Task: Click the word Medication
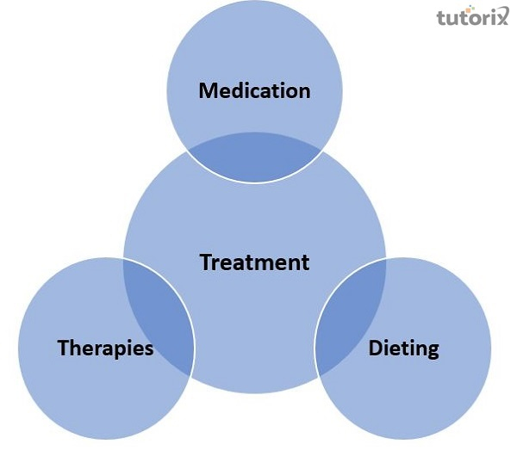[x=254, y=90]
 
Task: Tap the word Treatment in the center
[x=254, y=262]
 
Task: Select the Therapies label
[x=106, y=348]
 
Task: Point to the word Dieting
[x=404, y=348]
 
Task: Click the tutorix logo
[x=471, y=17]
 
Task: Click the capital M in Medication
[x=208, y=90]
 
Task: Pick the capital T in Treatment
[x=205, y=262]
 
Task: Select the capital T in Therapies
[x=63, y=348]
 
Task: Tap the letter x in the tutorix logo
[x=504, y=17]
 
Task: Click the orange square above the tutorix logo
[x=495, y=7]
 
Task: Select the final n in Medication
[x=303, y=91]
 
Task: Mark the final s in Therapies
[x=149, y=349]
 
